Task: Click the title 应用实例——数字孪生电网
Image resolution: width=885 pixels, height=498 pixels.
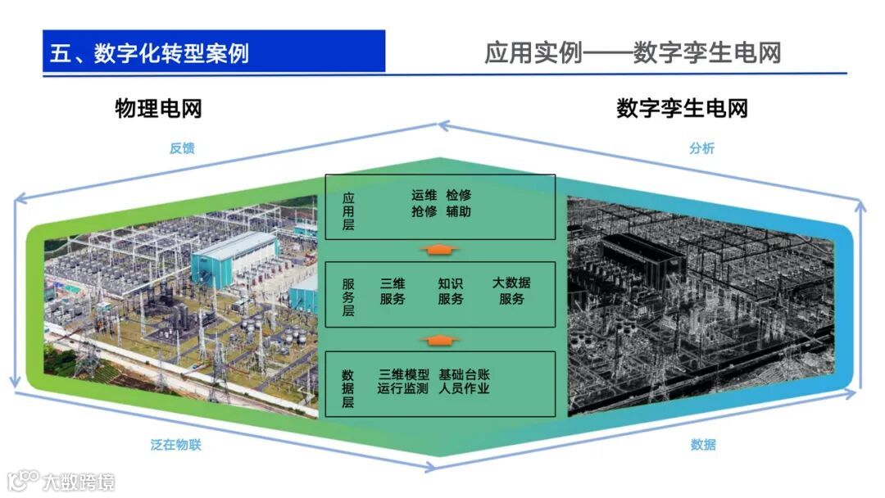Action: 632,52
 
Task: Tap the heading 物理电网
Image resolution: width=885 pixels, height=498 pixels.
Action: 158,108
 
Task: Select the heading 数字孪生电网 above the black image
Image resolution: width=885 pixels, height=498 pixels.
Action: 682,108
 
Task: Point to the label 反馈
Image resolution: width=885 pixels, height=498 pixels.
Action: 182,148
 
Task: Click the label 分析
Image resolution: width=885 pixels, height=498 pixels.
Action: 701,148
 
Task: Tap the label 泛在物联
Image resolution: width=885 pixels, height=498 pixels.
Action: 175,445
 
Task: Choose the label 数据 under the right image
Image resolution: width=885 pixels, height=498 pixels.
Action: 702,445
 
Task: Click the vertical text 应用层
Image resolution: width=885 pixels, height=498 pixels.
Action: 348,211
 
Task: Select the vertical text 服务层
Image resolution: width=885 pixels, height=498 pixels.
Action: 348,297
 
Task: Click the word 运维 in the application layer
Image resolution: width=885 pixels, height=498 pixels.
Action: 424,196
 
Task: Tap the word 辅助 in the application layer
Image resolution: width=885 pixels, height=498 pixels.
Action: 459,211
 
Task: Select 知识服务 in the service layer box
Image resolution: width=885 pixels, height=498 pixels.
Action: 450,291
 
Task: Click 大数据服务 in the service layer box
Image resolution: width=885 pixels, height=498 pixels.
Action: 511,291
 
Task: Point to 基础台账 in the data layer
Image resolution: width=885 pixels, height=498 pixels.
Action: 464,373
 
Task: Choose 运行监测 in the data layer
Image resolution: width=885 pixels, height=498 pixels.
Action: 402,388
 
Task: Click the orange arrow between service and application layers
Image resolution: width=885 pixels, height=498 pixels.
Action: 440,249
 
